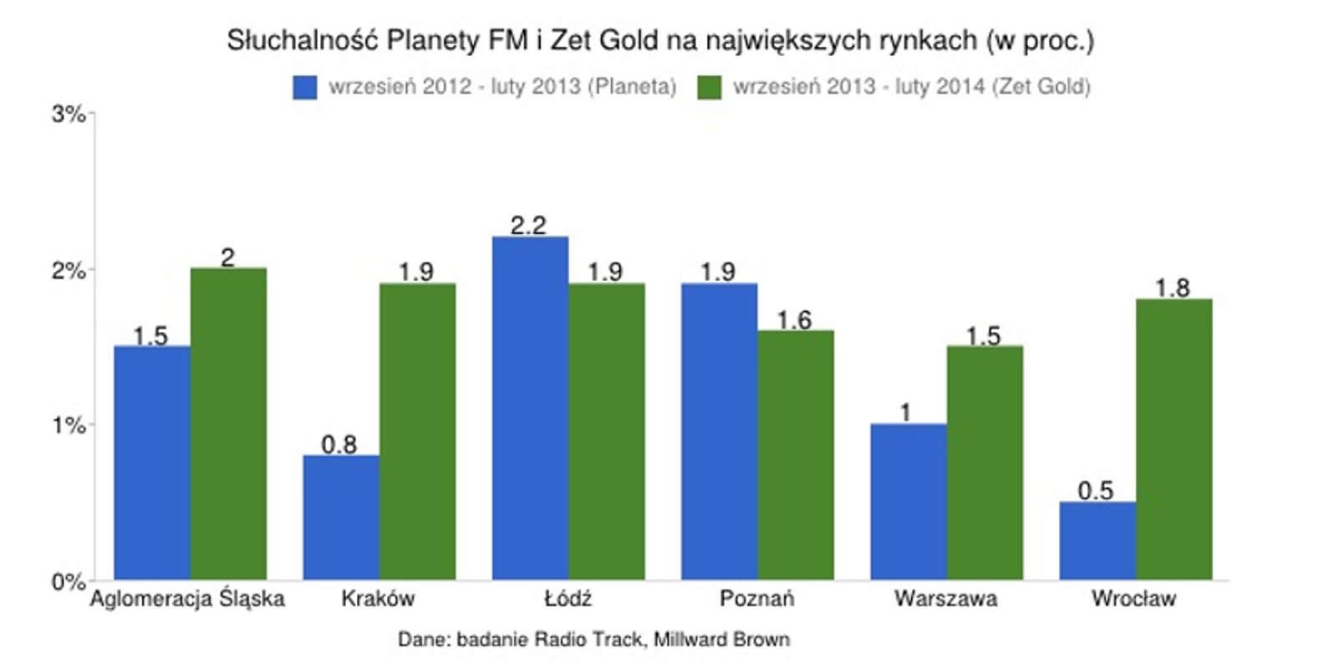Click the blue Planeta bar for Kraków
[x=341, y=518]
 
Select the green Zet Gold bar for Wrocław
[x=1174, y=439]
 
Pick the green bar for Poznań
[x=796, y=455]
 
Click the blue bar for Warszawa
[x=908, y=502]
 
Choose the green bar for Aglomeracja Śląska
[x=228, y=423]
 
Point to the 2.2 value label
[x=528, y=225]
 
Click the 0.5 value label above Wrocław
[x=1095, y=490]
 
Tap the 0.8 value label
[x=339, y=444]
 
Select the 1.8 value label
[x=1172, y=288]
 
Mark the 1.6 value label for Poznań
[x=794, y=319]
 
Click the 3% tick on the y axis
[x=69, y=114]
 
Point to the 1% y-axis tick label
[x=69, y=426]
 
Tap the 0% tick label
[x=69, y=581]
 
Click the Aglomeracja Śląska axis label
[x=187, y=599]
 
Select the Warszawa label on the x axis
[x=945, y=599]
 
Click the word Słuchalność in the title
[x=303, y=41]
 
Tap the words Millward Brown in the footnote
[x=721, y=640]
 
